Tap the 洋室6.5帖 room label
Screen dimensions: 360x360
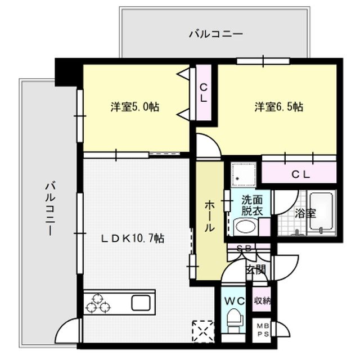[x=279, y=106]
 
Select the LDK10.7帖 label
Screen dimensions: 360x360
[x=133, y=238]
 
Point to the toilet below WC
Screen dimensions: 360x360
[x=235, y=323]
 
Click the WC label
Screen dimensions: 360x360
[x=235, y=301]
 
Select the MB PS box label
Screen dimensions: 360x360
[x=262, y=329]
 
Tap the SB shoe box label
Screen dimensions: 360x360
[x=244, y=248]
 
